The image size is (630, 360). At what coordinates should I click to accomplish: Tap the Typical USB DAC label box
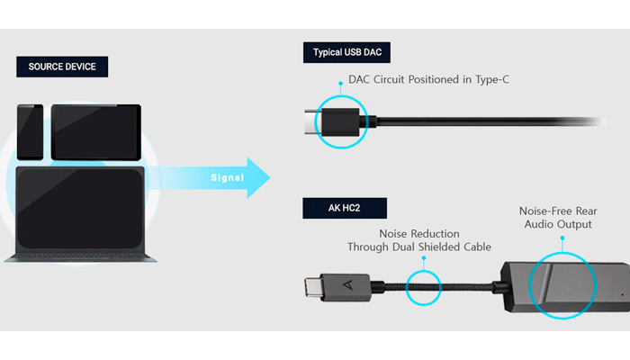(346, 52)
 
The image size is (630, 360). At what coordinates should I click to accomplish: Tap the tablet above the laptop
(95, 131)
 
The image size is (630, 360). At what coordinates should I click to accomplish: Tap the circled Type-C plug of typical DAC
(343, 121)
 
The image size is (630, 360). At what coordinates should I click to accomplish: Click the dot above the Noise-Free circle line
(562, 239)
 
